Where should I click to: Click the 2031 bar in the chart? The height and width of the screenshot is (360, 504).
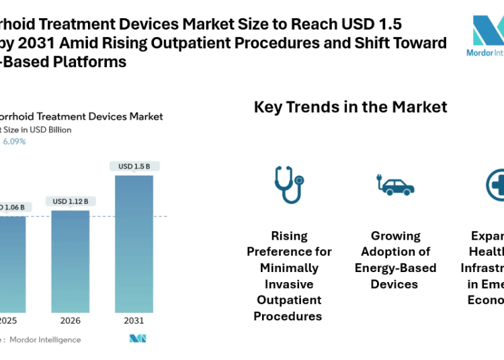click(x=134, y=243)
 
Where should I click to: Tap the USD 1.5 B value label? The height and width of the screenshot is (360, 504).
click(x=134, y=166)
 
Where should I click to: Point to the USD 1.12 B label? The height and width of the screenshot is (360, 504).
click(x=70, y=201)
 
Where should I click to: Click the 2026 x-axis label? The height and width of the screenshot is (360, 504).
click(x=70, y=320)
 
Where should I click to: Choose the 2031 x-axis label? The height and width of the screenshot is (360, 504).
click(x=134, y=320)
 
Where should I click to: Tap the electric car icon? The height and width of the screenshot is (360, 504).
click(x=395, y=185)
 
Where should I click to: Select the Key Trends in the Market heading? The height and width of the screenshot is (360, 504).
click(x=350, y=107)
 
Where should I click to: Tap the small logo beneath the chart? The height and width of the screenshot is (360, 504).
click(x=138, y=339)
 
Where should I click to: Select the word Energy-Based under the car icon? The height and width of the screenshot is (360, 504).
click(x=395, y=268)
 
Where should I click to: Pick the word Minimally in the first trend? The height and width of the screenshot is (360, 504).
click(x=289, y=268)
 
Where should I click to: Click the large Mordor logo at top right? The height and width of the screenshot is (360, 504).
click(x=488, y=34)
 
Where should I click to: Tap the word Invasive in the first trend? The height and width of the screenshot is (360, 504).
click(x=289, y=284)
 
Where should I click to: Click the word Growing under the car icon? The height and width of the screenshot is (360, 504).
click(x=395, y=236)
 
